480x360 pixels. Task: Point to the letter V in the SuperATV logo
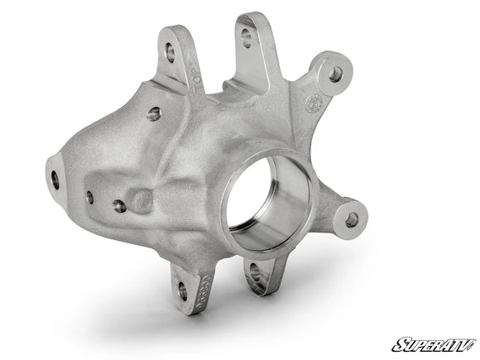[467, 343]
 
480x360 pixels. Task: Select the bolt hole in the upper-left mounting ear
[170, 54]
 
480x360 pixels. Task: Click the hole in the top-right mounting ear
[335, 74]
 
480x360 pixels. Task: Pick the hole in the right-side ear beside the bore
[352, 219]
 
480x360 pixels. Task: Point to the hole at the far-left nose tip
[55, 178]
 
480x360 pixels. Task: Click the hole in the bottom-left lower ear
[183, 290]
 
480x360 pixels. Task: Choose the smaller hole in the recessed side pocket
[89, 197]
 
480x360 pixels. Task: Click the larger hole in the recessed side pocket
[120, 205]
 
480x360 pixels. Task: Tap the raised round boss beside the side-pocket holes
[142, 199]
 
